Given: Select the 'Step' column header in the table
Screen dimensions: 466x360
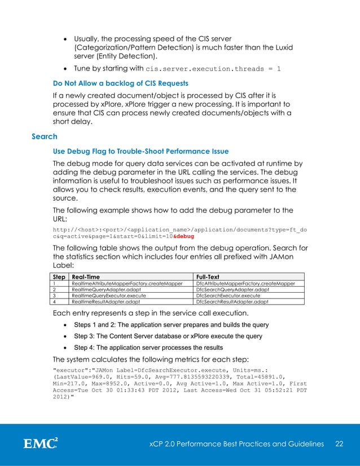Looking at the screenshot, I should tap(58, 277).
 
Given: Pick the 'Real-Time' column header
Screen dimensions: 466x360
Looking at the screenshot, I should tap(87, 277).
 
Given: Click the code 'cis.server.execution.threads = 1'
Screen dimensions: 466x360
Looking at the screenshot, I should tap(213, 69).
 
